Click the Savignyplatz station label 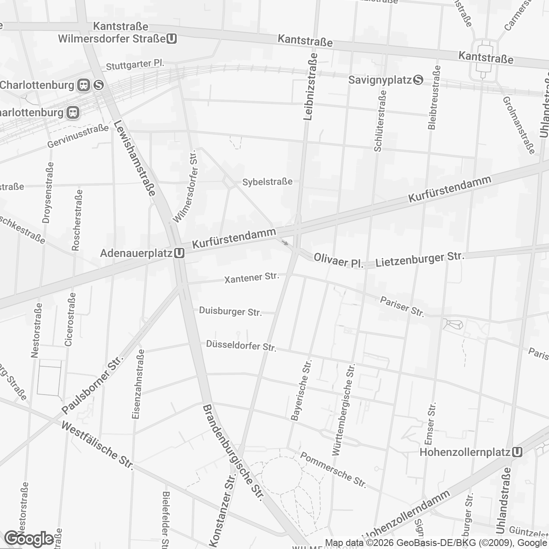380,80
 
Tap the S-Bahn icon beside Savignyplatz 418,80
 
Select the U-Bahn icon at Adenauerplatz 179,253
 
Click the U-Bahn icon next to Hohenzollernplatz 517,452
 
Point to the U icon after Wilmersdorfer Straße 172,39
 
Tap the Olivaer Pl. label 338,260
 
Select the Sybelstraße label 267,182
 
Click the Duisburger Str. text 230,311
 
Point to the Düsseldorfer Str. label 241,346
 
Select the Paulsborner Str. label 92,384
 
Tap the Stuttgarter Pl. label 135,64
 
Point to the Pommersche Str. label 333,470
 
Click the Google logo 29,538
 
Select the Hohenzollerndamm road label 406,515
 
